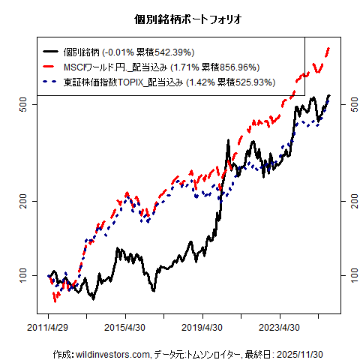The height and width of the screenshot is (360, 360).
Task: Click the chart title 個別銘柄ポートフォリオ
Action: (187, 18)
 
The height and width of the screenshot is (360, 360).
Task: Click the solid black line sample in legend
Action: (53, 52)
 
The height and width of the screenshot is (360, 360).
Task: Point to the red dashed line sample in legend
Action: (53, 67)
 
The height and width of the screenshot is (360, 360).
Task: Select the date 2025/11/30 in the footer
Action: (310, 353)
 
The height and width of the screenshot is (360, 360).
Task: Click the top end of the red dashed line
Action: (329, 49)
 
